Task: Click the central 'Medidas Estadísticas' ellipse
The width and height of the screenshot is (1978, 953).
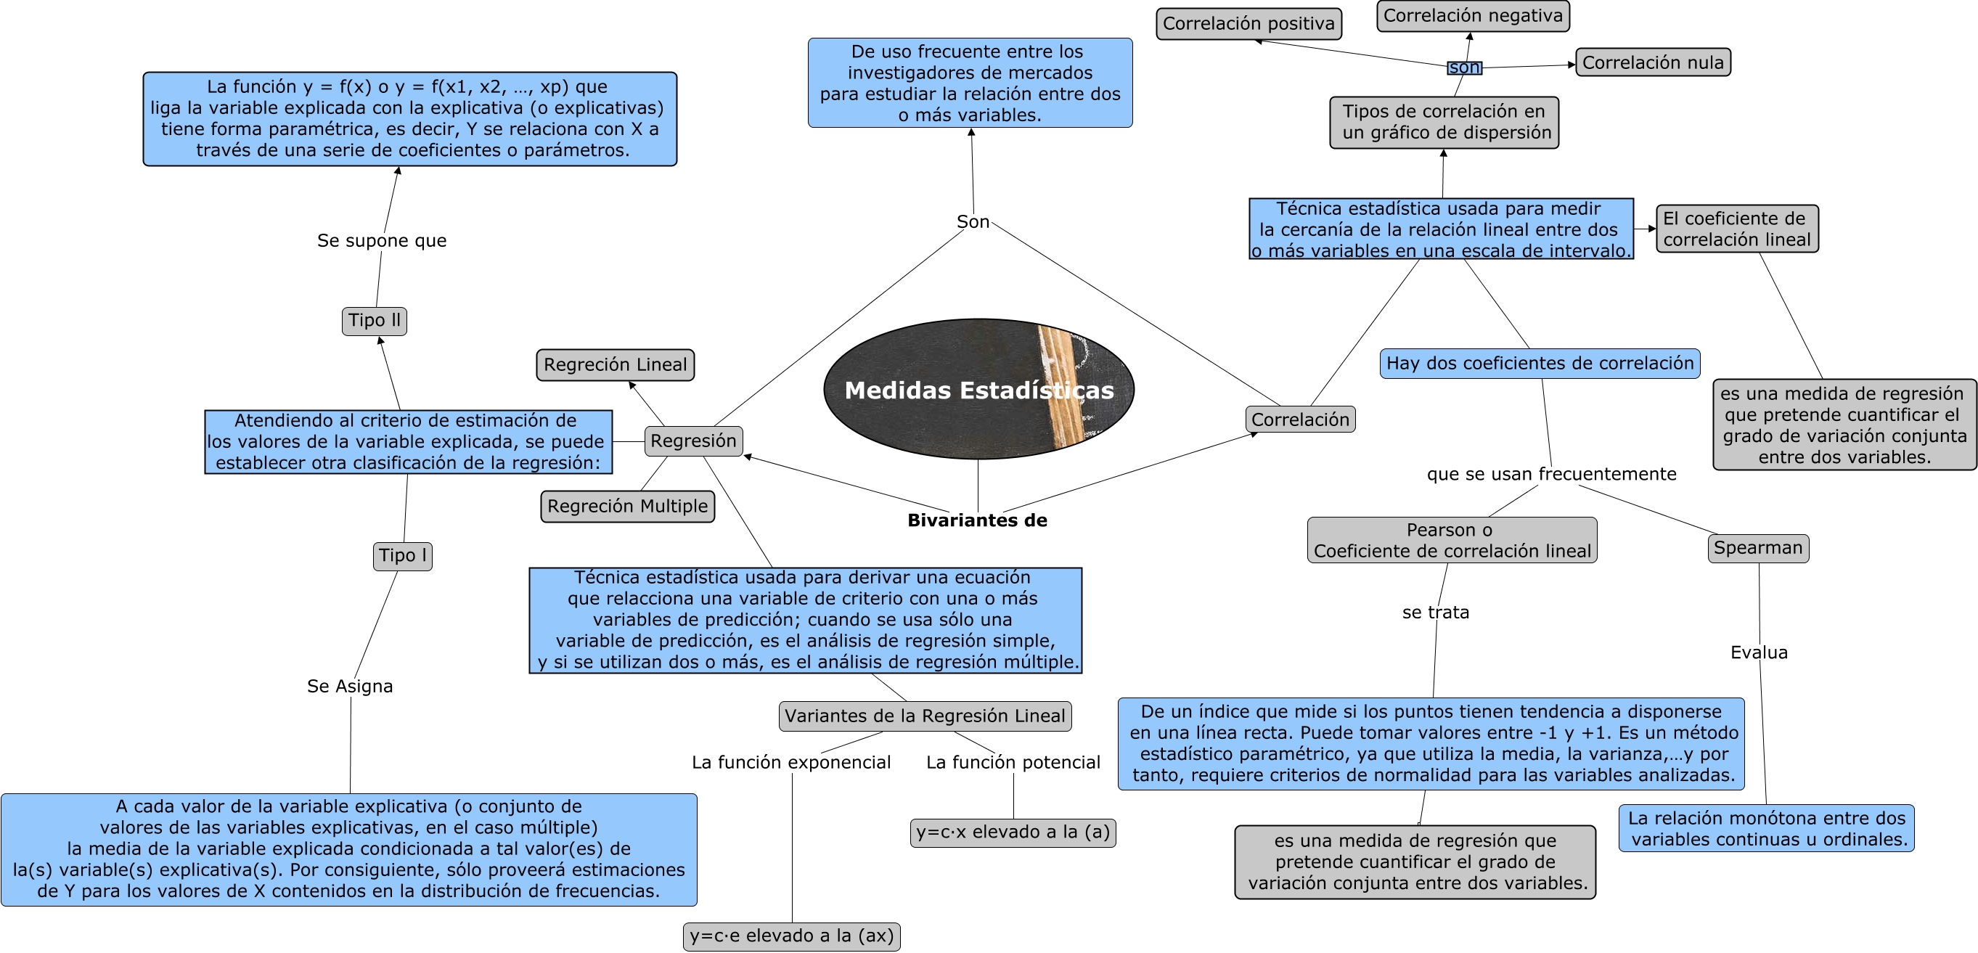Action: [x=978, y=389]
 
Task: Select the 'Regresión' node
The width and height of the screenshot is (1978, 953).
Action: [x=692, y=441]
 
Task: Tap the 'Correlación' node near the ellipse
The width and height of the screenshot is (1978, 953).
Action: [x=1299, y=420]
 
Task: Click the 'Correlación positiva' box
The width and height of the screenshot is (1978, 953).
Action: [x=1248, y=24]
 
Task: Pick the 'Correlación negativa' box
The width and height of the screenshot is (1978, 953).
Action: [x=1472, y=16]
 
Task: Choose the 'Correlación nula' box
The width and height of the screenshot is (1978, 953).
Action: [x=1652, y=62]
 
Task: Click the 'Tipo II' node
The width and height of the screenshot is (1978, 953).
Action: [x=374, y=320]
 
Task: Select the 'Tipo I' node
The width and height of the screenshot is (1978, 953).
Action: [x=402, y=555]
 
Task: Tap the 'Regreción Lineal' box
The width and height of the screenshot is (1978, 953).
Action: [x=615, y=365]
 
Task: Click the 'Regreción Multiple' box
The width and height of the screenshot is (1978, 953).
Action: [x=627, y=506]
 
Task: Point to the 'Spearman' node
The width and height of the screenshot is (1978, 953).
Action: [x=1757, y=547]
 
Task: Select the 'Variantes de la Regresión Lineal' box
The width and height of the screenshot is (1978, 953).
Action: [x=925, y=716]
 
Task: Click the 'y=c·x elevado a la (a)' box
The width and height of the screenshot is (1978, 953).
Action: [x=1012, y=832]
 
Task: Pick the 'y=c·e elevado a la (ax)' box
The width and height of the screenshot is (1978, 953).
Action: [x=791, y=936]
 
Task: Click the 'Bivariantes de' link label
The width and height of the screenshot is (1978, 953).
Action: [x=977, y=520]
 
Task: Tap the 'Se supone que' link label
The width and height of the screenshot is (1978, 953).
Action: [x=382, y=240]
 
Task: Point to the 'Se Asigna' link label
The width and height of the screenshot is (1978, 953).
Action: [x=349, y=686]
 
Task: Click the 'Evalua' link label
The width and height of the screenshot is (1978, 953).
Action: [x=1758, y=652]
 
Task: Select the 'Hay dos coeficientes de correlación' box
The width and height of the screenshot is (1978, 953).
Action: [x=1539, y=363]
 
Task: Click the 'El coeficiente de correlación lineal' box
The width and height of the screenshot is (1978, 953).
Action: [x=1736, y=229]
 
